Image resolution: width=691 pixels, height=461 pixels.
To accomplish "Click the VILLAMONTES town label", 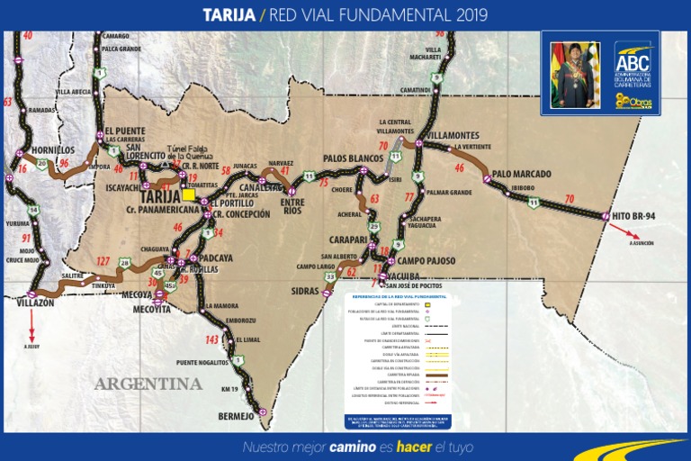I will point(453,135).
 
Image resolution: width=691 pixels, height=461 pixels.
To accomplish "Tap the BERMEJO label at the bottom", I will point(237,416).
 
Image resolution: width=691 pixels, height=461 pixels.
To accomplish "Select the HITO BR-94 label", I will point(634,216).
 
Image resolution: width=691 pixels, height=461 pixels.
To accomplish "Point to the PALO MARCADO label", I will point(521,174).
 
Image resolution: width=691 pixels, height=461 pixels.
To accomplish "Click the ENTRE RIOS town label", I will point(292,206).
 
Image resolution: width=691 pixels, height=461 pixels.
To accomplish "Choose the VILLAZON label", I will point(35,303).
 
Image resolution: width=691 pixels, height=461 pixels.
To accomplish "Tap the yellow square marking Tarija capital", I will point(188,194).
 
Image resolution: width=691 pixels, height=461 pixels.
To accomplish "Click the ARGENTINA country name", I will point(148,384).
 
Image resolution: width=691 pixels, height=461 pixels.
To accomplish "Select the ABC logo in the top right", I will point(633,60).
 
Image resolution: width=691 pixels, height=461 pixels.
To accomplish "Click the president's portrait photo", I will point(574,74).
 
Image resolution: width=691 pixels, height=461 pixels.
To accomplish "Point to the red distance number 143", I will point(211,339).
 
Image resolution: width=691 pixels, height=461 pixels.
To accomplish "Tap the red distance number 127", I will point(103,261).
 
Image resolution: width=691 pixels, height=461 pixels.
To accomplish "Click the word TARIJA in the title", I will point(229,15).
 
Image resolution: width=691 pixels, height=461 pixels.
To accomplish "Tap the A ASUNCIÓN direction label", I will point(642,243).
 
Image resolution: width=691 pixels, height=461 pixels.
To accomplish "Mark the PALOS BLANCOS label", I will point(354,158).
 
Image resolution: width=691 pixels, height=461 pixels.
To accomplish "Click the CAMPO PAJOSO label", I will point(426,260).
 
